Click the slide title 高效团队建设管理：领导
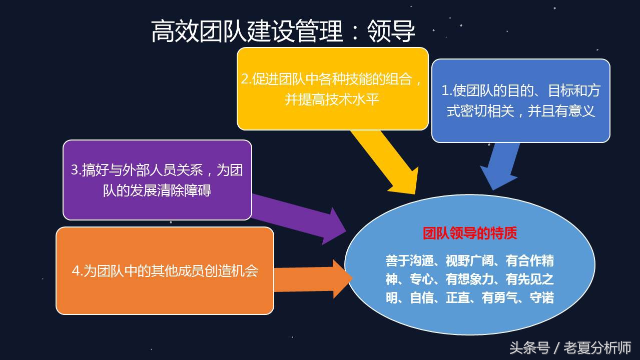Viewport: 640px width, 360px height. [283, 31]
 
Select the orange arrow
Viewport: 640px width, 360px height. [310, 278]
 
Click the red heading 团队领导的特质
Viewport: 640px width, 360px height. [470, 233]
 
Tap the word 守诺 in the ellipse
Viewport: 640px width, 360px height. [542, 298]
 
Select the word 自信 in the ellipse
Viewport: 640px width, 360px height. [421, 298]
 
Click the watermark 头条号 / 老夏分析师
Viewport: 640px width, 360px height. [570, 347]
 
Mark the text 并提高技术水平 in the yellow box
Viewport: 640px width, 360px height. [332, 99]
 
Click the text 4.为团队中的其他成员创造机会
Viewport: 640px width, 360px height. [165, 270]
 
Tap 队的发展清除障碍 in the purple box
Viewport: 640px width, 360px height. [157, 190]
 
